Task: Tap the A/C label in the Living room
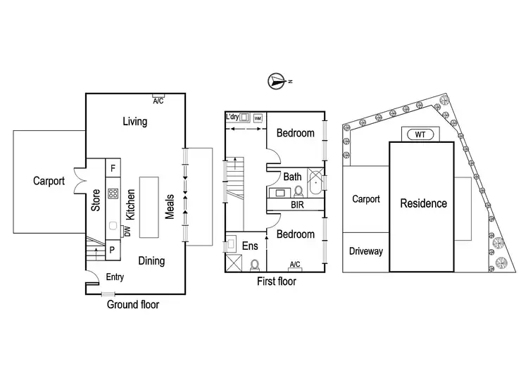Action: point(158,101)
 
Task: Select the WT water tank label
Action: point(420,134)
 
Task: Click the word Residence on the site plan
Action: point(423,203)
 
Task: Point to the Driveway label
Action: point(365,251)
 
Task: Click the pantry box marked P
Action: point(113,250)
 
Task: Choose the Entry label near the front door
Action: point(114,277)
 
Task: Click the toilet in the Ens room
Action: point(254,264)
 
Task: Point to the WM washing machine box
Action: point(257,118)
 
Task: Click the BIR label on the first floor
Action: point(298,206)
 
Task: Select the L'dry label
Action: point(234,116)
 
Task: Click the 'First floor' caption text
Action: point(275,282)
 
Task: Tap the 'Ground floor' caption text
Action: point(133,305)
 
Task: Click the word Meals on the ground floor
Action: point(170,206)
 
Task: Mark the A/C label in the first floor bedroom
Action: point(295,265)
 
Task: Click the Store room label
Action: point(95,200)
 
